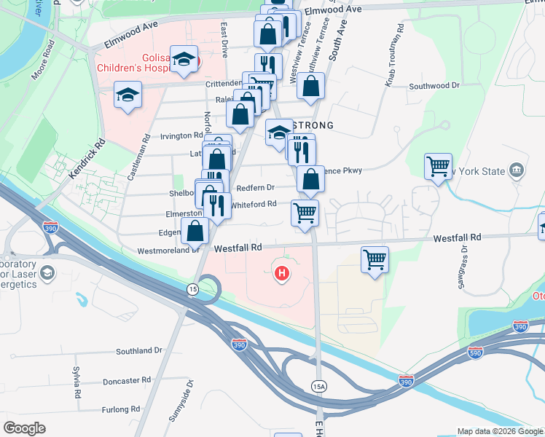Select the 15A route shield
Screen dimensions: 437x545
coord(318,385)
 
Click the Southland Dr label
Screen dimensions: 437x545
coord(138,350)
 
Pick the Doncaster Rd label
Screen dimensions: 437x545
coord(126,380)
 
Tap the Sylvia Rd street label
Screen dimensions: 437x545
coord(76,382)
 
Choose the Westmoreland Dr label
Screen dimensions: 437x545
coord(168,250)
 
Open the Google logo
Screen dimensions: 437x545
coord(24,428)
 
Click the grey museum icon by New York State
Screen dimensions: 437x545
coord(516,170)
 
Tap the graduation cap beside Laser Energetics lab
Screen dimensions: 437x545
coord(47,273)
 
